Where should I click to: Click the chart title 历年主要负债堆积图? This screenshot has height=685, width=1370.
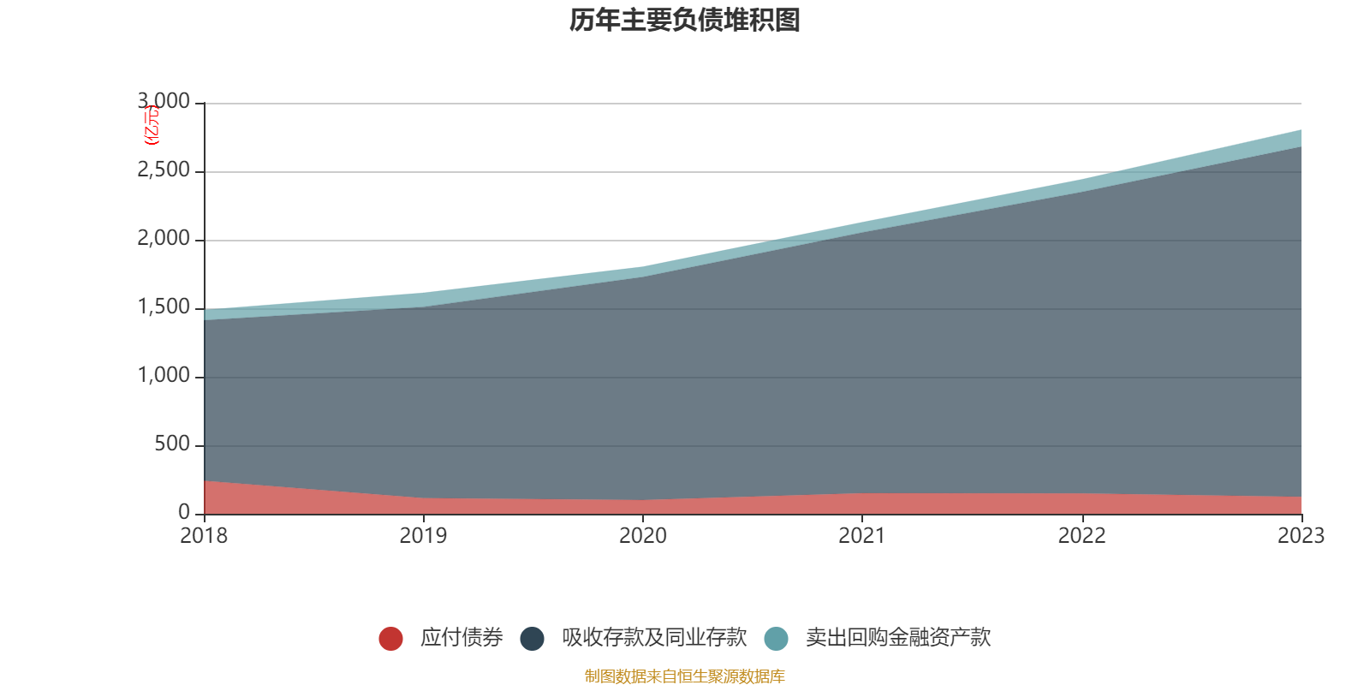click(685, 20)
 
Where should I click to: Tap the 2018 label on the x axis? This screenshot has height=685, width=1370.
click(204, 536)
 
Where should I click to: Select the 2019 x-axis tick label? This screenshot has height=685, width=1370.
click(423, 536)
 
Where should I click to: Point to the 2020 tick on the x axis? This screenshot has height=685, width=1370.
click(642, 536)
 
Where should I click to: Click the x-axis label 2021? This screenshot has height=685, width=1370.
click(862, 536)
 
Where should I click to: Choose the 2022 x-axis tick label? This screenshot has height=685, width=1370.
click(1081, 536)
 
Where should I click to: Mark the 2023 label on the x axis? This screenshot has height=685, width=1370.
click(1300, 536)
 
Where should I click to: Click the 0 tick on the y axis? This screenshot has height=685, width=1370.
click(184, 513)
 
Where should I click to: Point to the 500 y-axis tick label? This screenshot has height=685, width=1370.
click(172, 444)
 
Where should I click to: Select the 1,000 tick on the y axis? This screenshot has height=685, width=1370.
click(164, 376)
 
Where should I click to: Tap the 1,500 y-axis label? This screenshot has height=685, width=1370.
click(164, 307)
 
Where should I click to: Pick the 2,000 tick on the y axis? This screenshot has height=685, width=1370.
click(164, 239)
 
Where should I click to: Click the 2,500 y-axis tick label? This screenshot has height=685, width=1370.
click(164, 170)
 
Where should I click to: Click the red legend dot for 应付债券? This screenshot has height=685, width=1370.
click(390, 638)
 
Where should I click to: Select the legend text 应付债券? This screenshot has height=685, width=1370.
click(461, 638)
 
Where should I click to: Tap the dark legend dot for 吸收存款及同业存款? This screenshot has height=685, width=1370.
click(532, 638)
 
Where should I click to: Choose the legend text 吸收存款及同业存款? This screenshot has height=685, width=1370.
click(654, 638)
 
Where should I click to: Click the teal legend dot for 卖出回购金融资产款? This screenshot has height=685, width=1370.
click(776, 638)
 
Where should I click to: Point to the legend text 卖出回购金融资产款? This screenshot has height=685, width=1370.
click(897, 638)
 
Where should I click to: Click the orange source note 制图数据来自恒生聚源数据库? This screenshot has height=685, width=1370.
click(685, 676)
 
